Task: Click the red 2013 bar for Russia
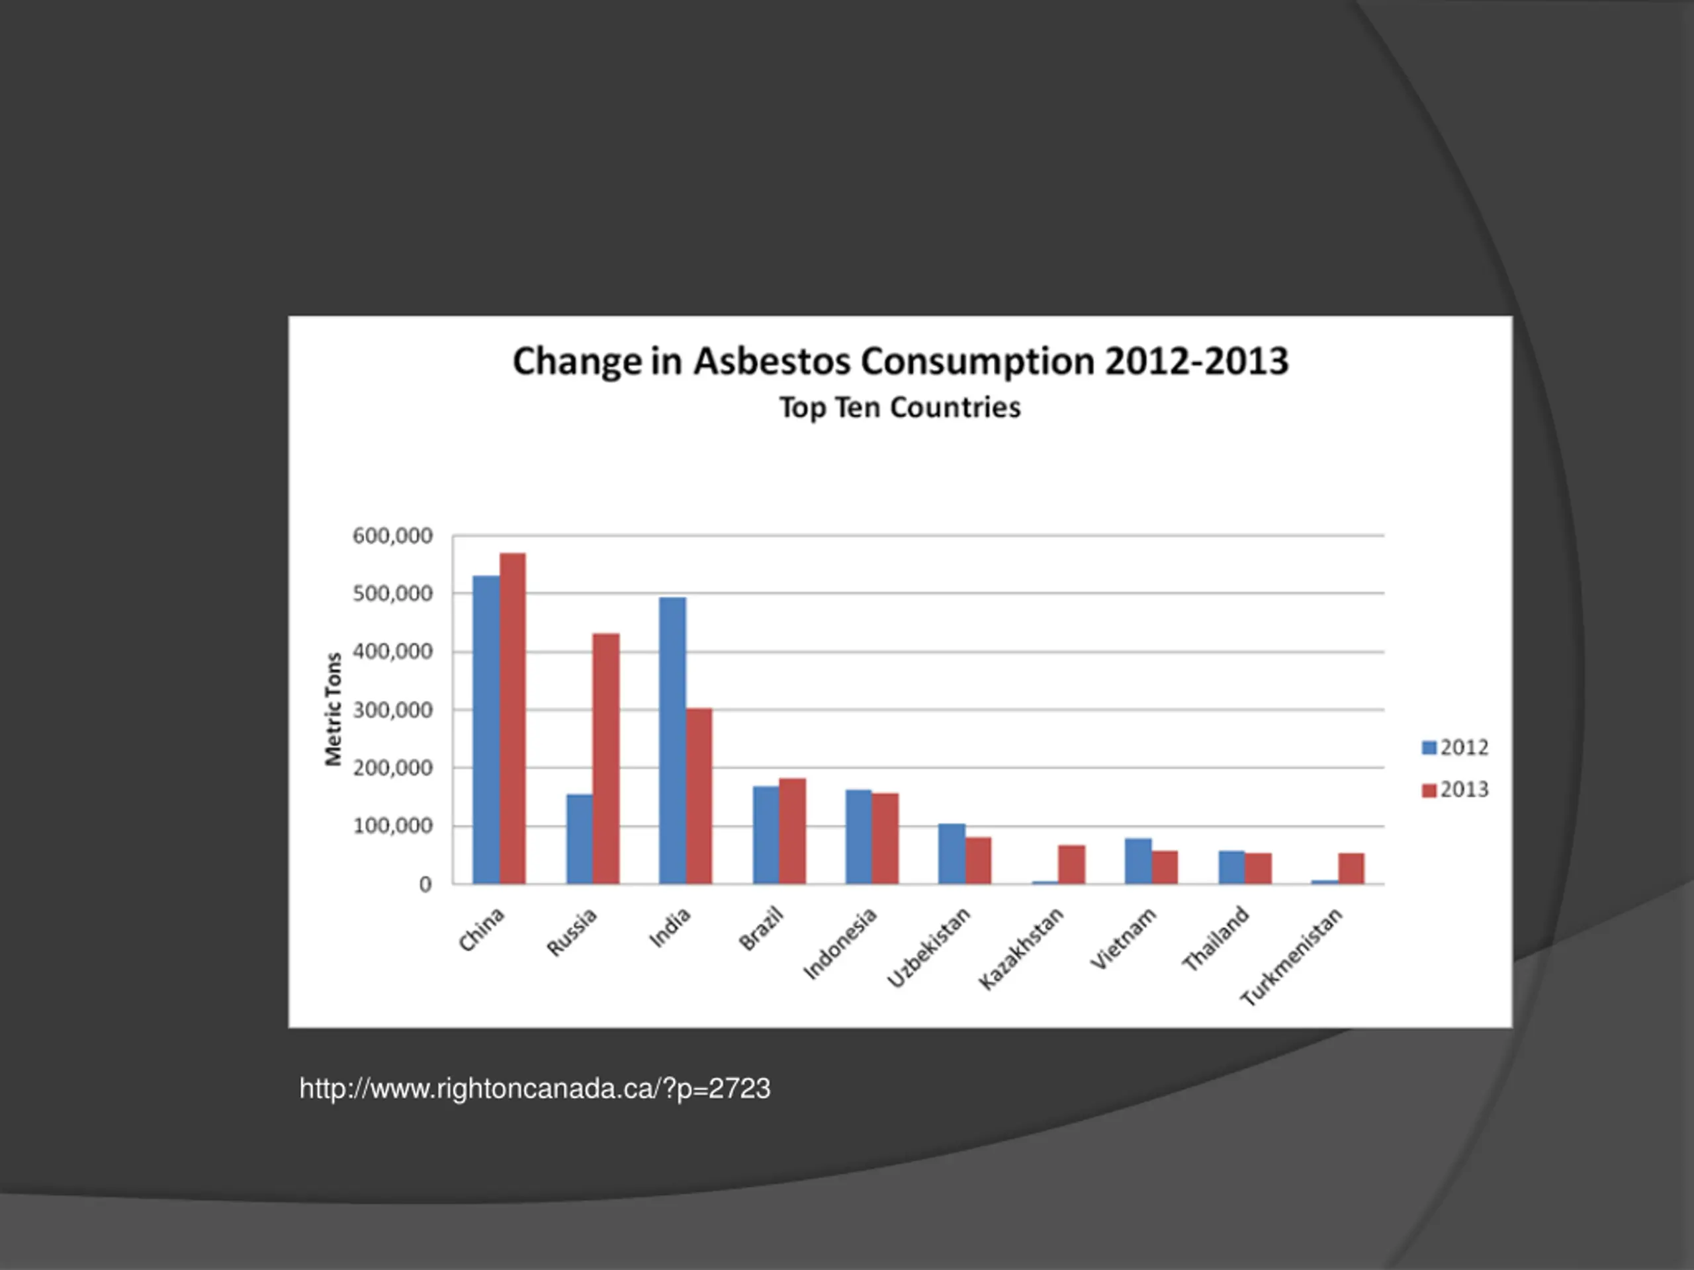[x=605, y=758]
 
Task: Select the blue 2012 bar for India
[x=672, y=740]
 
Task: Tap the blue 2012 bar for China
[x=486, y=730]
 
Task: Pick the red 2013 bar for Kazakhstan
[x=1071, y=865]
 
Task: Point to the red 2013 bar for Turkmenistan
[x=1351, y=868]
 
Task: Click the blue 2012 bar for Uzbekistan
[x=951, y=853]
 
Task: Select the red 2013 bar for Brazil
[x=793, y=831]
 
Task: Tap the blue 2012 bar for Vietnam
[x=1138, y=861]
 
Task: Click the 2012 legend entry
[x=1454, y=747]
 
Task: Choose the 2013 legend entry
[x=1454, y=789]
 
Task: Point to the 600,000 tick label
[x=392, y=536]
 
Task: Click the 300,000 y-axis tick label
[x=392, y=710]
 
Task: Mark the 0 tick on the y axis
[x=425, y=884]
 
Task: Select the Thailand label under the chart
[x=1216, y=939]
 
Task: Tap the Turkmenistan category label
[x=1291, y=956]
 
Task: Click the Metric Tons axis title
[x=333, y=709]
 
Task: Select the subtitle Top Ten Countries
[x=900, y=407]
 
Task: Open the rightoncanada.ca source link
[x=535, y=1089]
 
